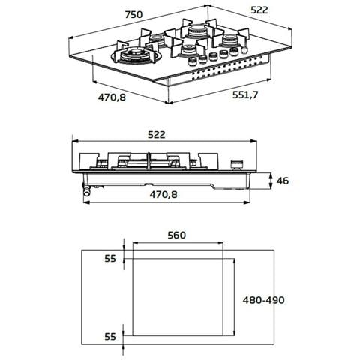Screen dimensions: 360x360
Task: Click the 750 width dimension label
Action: coord(133,15)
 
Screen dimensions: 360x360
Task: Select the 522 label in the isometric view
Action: coord(259,10)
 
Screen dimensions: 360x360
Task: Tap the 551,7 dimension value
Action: coord(245,94)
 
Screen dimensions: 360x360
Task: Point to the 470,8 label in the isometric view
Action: coord(112,97)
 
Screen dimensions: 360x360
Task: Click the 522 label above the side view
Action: coord(157,135)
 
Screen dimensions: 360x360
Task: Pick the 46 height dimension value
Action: coord(283,181)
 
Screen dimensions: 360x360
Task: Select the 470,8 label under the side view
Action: coord(163,194)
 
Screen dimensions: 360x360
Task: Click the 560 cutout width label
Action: coord(177,235)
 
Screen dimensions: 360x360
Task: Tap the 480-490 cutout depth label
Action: coord(264,300)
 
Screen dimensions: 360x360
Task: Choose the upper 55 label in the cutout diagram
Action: coord(110,259)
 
